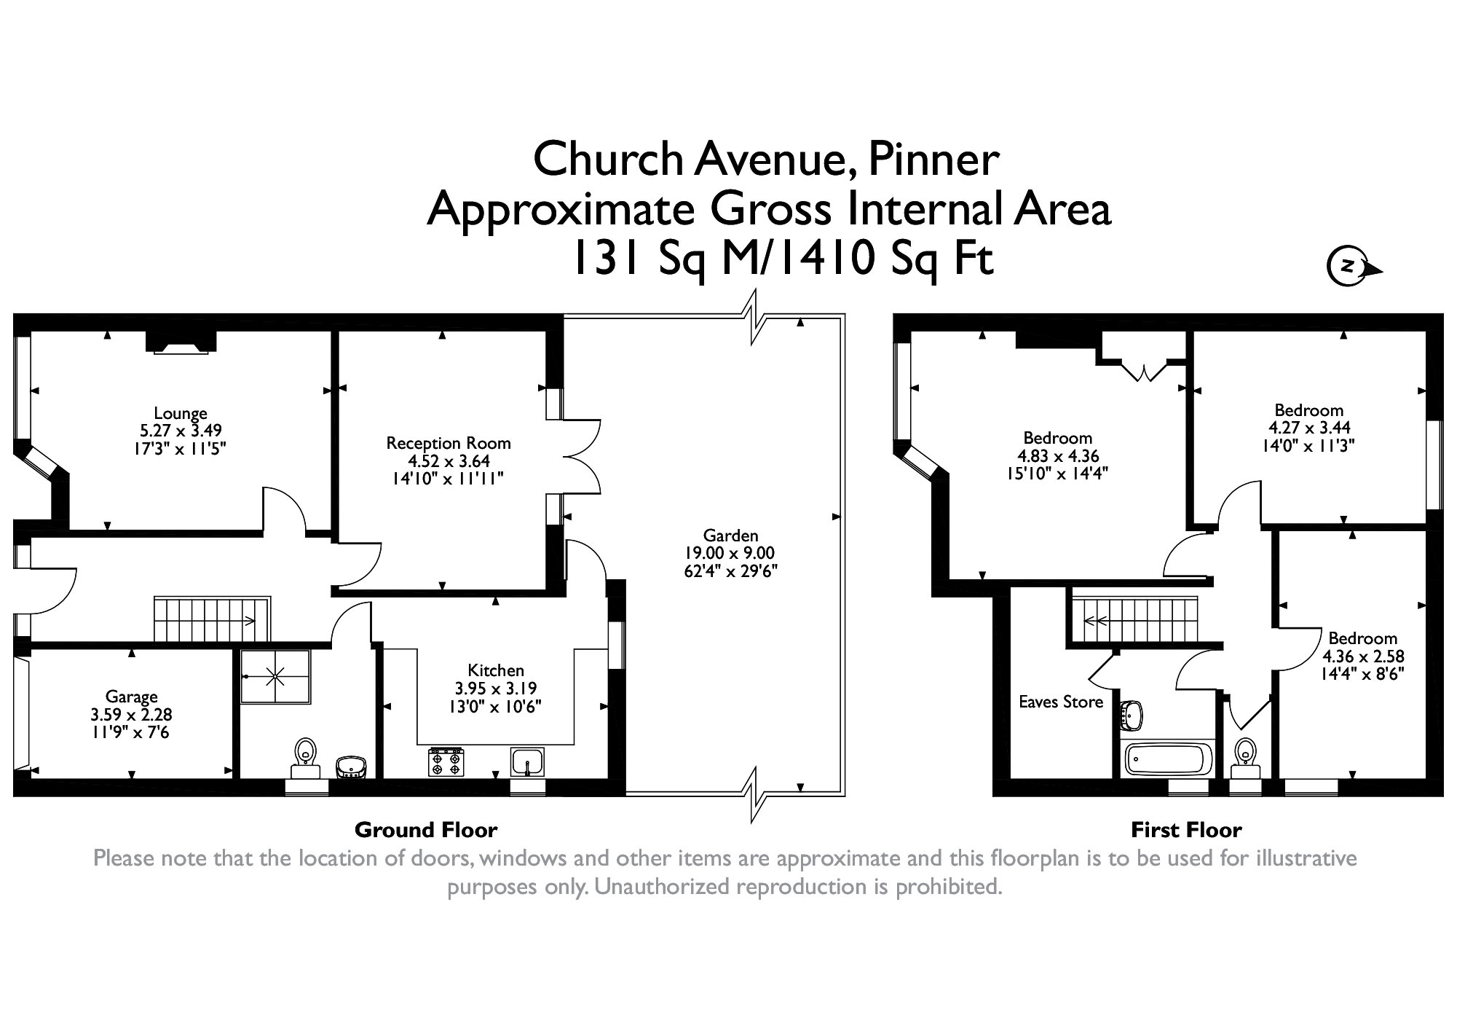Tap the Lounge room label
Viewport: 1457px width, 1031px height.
pos(181,414)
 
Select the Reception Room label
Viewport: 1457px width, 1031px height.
pos(449,443)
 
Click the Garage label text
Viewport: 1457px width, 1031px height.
pos(131,697)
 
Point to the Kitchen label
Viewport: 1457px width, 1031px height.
pos(496,670)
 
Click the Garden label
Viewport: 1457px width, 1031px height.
pos(731,536)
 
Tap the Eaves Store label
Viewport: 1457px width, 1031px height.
pos(1061,702)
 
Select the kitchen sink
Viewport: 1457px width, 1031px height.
pos(528,762)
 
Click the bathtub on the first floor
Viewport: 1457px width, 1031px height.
pos(1169,758)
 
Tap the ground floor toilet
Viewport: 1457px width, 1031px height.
pos(306,758)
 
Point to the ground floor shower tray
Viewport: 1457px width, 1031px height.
pos(276,677)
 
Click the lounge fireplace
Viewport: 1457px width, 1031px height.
pos(181,342)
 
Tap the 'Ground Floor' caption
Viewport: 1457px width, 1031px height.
pos(426,830)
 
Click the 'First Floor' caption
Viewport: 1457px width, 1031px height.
pos(1186,830)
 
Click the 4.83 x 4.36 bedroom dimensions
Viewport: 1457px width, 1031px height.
pos(1058,456)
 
